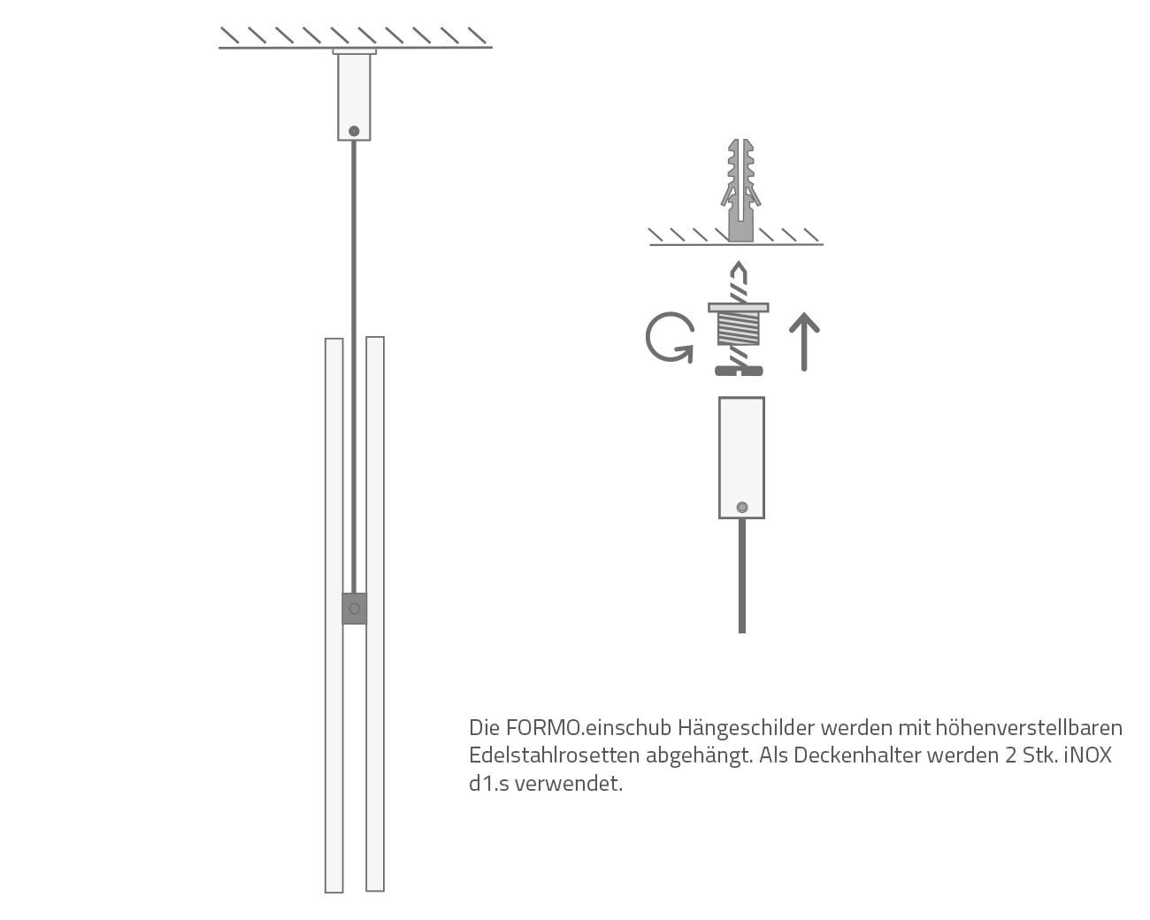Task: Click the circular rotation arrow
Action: coord(669,339)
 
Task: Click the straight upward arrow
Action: coord(804,341)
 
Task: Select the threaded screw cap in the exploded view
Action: coord(738,328)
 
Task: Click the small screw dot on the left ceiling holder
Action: coord(354,131)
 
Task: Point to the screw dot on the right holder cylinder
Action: coord(741,507)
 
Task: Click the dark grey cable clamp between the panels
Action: coord(354,609)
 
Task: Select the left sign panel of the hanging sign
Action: coord(333,615)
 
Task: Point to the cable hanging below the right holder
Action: coord(741,575)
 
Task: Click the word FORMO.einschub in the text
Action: coord(588,728)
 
